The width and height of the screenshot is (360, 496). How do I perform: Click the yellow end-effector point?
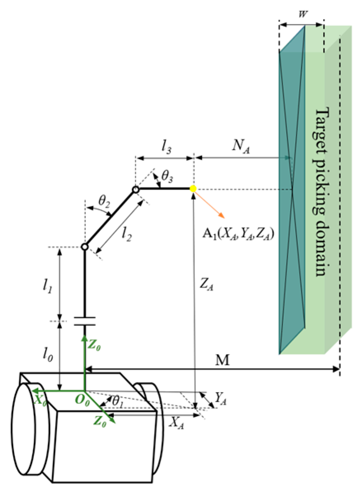[193, 189]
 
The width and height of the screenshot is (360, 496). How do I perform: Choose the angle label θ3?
[167, 177]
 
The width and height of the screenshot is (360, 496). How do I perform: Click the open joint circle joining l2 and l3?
[135, 190]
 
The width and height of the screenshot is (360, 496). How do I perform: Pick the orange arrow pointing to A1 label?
[210, 205]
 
